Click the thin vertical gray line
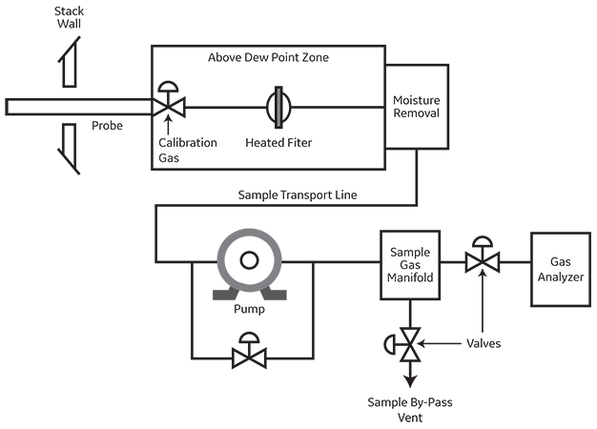(x=278, y=107)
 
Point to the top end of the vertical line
(x=278, y=89)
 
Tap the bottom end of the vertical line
(x=278, y=125)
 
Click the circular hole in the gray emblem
(x=248, y=259)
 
